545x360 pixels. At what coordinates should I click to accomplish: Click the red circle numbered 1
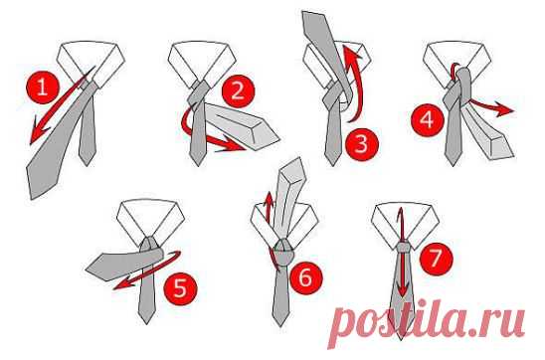point(43,87)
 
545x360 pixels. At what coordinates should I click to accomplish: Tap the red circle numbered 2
point(238,91)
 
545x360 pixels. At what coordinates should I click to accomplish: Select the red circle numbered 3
point(361,144)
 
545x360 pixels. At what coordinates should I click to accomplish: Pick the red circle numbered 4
point(428,120)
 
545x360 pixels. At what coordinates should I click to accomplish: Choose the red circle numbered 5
point(180,288)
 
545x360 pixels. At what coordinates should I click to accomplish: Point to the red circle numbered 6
point(306,278)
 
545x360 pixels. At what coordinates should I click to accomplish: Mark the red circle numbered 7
point(437,258)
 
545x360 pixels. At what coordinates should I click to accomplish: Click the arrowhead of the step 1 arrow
point(38,134)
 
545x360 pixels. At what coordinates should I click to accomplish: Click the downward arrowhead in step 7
point(402,290)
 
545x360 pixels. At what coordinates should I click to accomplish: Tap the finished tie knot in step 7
point(403,247)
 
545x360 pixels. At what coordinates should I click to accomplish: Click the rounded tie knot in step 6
point(283,253)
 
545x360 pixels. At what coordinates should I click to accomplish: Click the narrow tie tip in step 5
point(146,314)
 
